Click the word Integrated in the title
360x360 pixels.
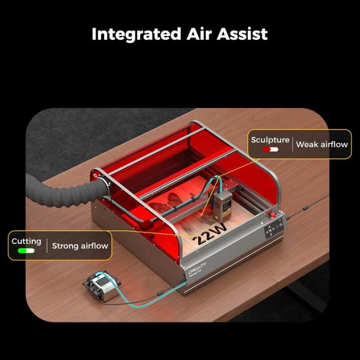(136, 35)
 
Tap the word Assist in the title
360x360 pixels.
(242, 34)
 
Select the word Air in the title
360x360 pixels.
(199, 34)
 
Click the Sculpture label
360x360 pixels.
(270, 140)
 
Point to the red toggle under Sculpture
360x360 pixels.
(270, 149)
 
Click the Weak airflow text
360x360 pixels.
(322, 144)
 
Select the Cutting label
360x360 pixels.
(27, 242)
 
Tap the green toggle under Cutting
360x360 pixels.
(27, 251)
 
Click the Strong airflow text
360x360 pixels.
(80, 246)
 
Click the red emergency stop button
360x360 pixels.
(273, 215)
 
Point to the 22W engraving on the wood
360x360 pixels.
(210, 234)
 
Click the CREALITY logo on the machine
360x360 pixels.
(197, 268)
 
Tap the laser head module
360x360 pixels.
(222, 203)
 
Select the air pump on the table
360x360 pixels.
(102, 285)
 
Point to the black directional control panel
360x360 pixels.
(274, 229)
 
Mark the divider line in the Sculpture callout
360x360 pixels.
(292, 144)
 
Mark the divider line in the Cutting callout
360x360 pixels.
(47, 245)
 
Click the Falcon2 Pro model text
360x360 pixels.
(195, 274)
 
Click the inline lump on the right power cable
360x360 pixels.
(305, 208)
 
